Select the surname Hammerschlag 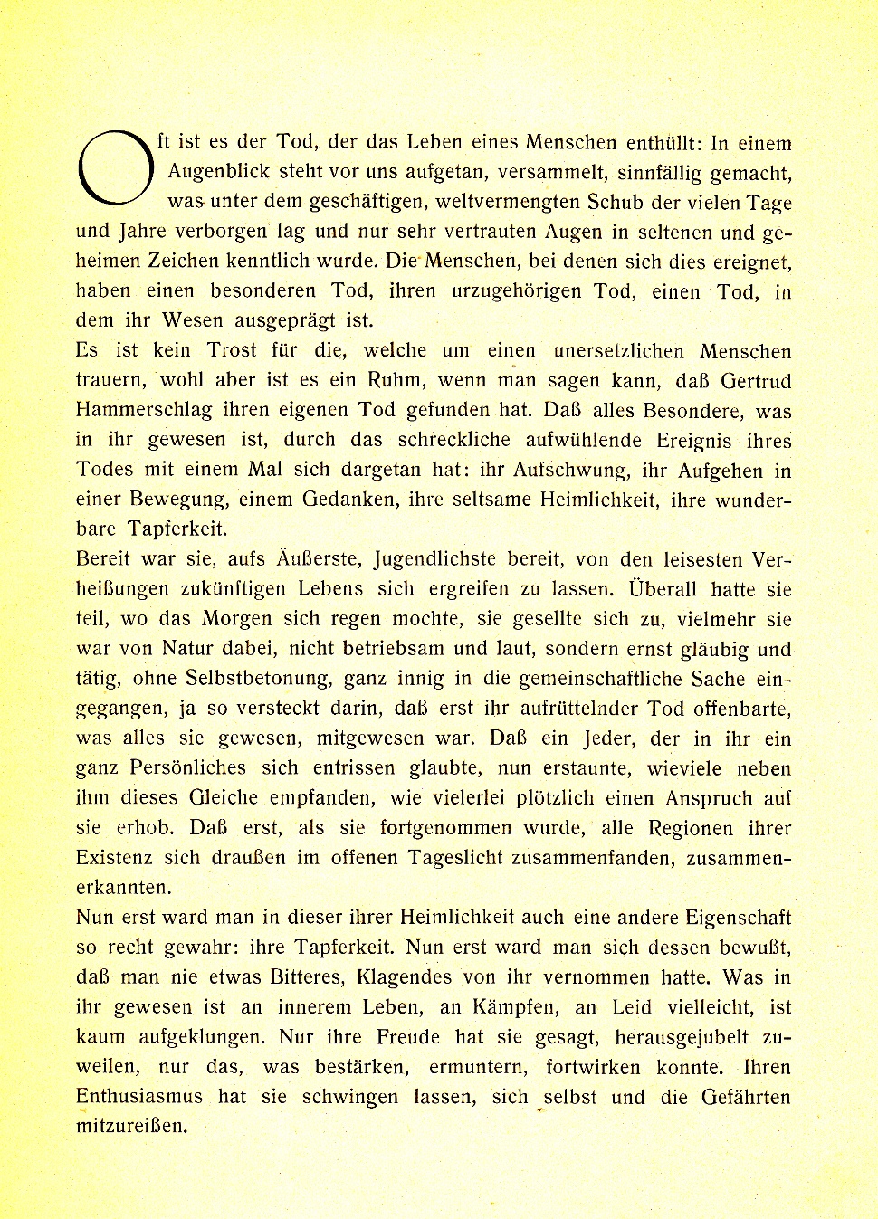(x=144, y=410)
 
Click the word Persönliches (x=187, y=767)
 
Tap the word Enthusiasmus (x=139, y=1097)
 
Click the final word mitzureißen (x=132, y=1127)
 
